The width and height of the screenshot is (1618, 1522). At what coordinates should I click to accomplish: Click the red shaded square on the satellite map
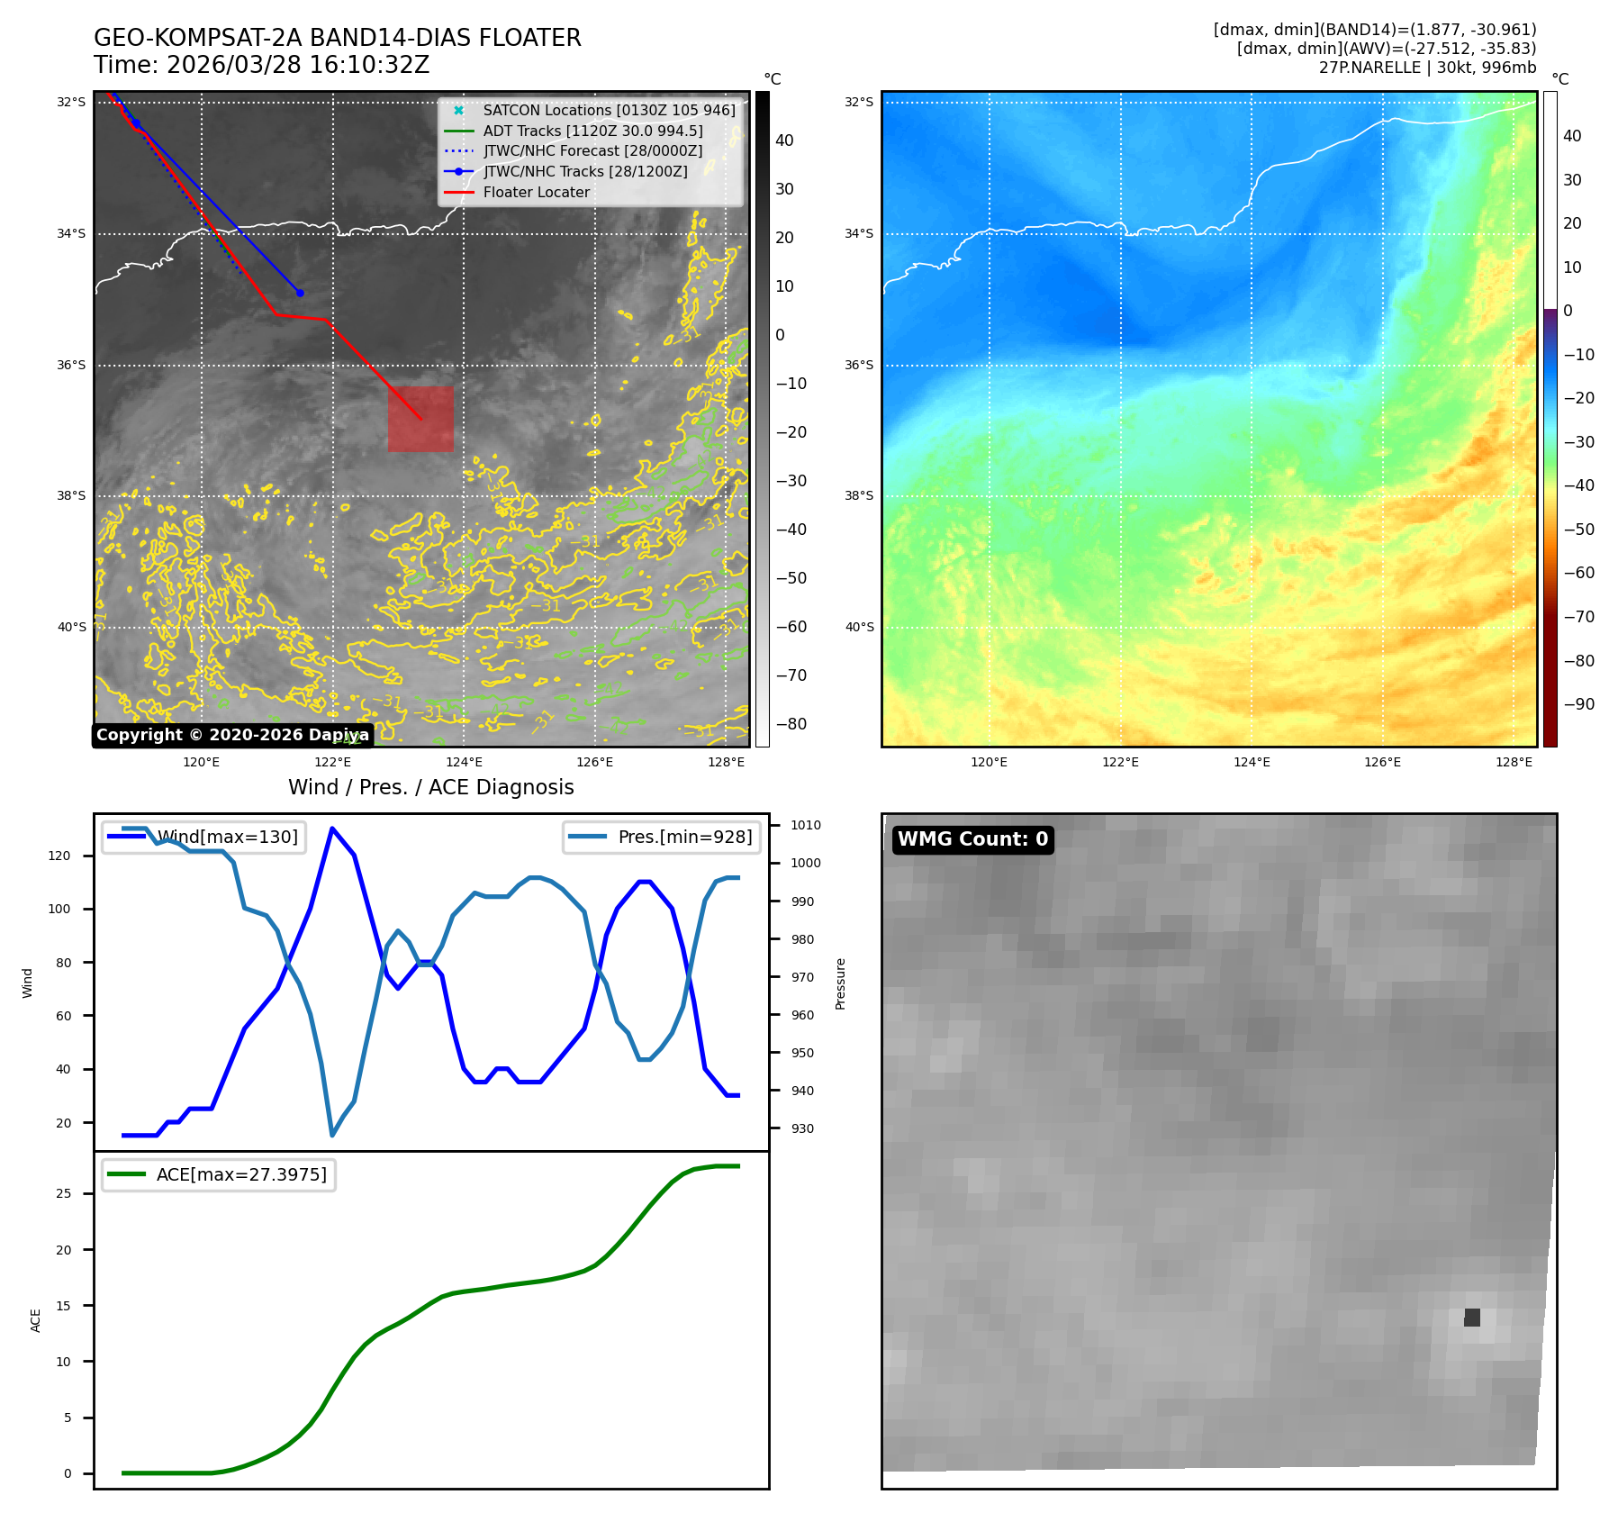coord(420,419)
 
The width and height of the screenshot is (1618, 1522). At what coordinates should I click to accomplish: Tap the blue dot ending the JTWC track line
coord(300,293)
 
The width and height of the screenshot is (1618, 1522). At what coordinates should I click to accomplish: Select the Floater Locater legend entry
coord(536,192)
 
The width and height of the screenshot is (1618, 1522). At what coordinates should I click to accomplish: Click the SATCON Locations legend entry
coord(609,110)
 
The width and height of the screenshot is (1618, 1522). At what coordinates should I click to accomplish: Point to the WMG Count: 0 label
coord(972,839)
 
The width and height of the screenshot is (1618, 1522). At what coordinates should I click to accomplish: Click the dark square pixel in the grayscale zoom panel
coord(1472,1318)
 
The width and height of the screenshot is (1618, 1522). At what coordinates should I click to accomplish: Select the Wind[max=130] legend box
coord(203,837)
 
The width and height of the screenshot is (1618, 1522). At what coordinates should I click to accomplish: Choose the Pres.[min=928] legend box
coord(662,837)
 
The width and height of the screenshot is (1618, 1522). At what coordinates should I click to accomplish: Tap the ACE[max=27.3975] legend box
coord(219,1174)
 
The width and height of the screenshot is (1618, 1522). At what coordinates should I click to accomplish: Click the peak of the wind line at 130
coord(332,829)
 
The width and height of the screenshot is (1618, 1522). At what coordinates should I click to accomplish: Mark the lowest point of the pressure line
coord(332,1135)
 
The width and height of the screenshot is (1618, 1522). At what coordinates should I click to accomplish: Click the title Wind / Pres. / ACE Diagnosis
coord(430,787)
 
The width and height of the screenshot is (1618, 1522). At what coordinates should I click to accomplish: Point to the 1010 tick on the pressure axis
coord(806,825)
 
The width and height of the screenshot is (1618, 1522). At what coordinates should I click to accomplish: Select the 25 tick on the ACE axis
coord(64,1193)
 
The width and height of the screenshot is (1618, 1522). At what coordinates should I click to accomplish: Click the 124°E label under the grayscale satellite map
coord(464,762)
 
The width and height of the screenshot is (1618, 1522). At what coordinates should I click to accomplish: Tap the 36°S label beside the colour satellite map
coord(858,365)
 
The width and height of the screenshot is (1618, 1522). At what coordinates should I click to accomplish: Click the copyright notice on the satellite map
coord(232,735)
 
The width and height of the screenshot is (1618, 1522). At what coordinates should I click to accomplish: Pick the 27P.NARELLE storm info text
coord(1427,68)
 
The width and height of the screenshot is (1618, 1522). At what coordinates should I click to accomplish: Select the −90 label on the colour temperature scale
coord(1578,704)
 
